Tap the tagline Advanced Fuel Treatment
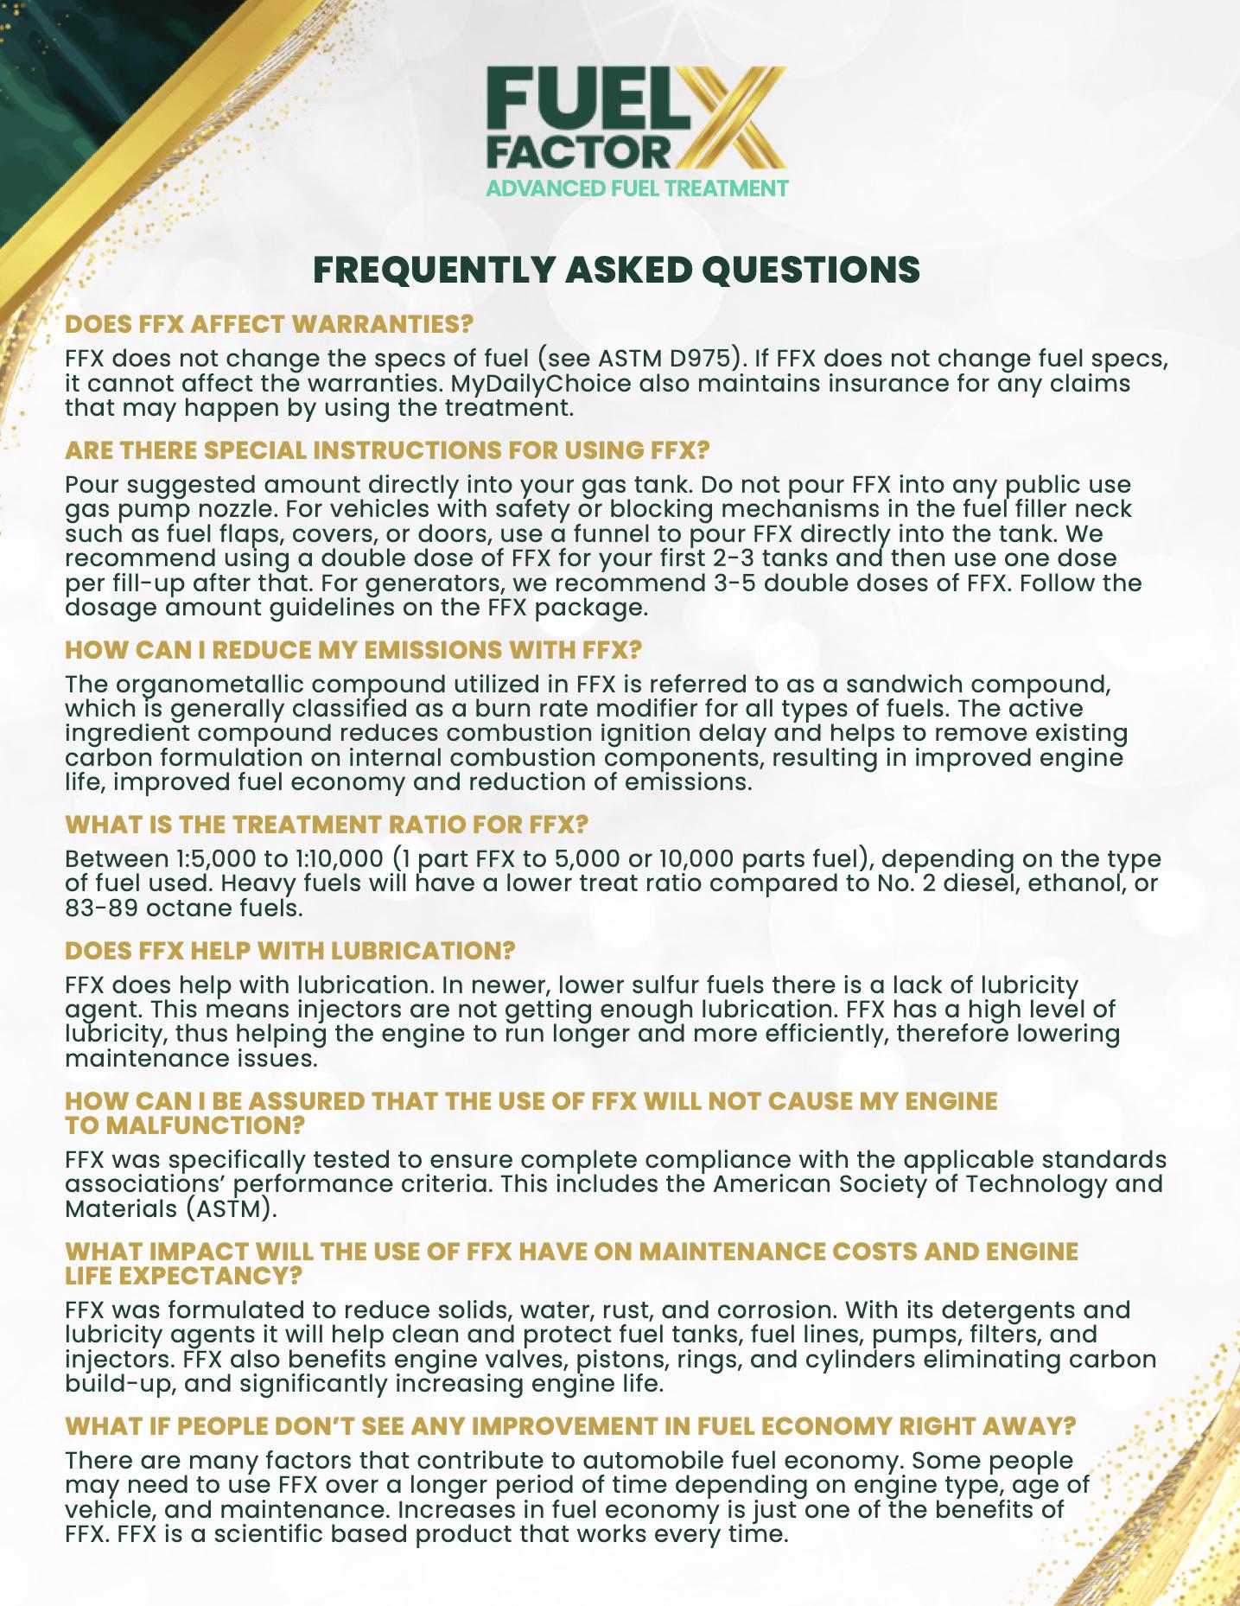tap(637, 188)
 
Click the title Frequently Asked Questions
tap(616, 270)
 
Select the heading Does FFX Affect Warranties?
tap(270, 324)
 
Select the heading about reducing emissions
tap(353, 649)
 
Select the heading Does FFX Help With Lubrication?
tap(289, 951)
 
